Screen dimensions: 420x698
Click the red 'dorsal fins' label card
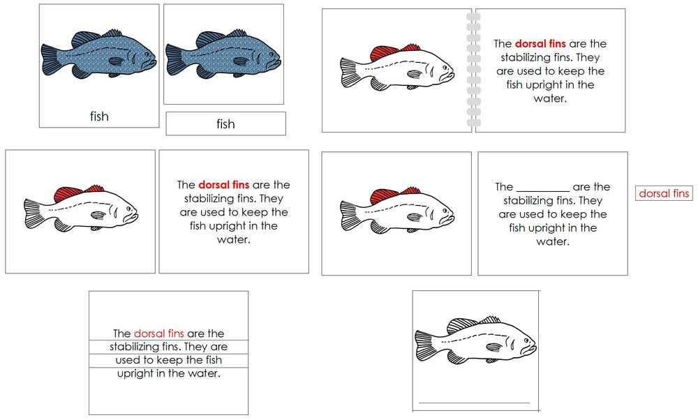click(664, 193)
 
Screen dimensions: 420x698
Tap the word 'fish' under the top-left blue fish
click(99, 117)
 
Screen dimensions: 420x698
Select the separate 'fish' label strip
click(225, 124)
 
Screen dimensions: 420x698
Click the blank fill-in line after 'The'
click(542, 188)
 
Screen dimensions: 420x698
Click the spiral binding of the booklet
click(473, 70)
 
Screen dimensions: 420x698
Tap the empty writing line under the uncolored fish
click(474, 403)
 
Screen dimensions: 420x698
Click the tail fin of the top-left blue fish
click(51, 59)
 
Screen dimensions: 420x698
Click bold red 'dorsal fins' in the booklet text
click(540, 44)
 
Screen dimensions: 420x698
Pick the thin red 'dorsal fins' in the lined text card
click(158, 333)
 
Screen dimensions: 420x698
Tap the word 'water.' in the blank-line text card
click(553, 241)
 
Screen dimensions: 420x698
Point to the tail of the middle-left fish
click(33, 213)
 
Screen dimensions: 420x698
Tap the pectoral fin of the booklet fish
click(415, 74)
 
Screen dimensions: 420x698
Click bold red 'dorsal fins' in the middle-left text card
click(223, 185)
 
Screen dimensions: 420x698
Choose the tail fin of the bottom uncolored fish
click(425, 346)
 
